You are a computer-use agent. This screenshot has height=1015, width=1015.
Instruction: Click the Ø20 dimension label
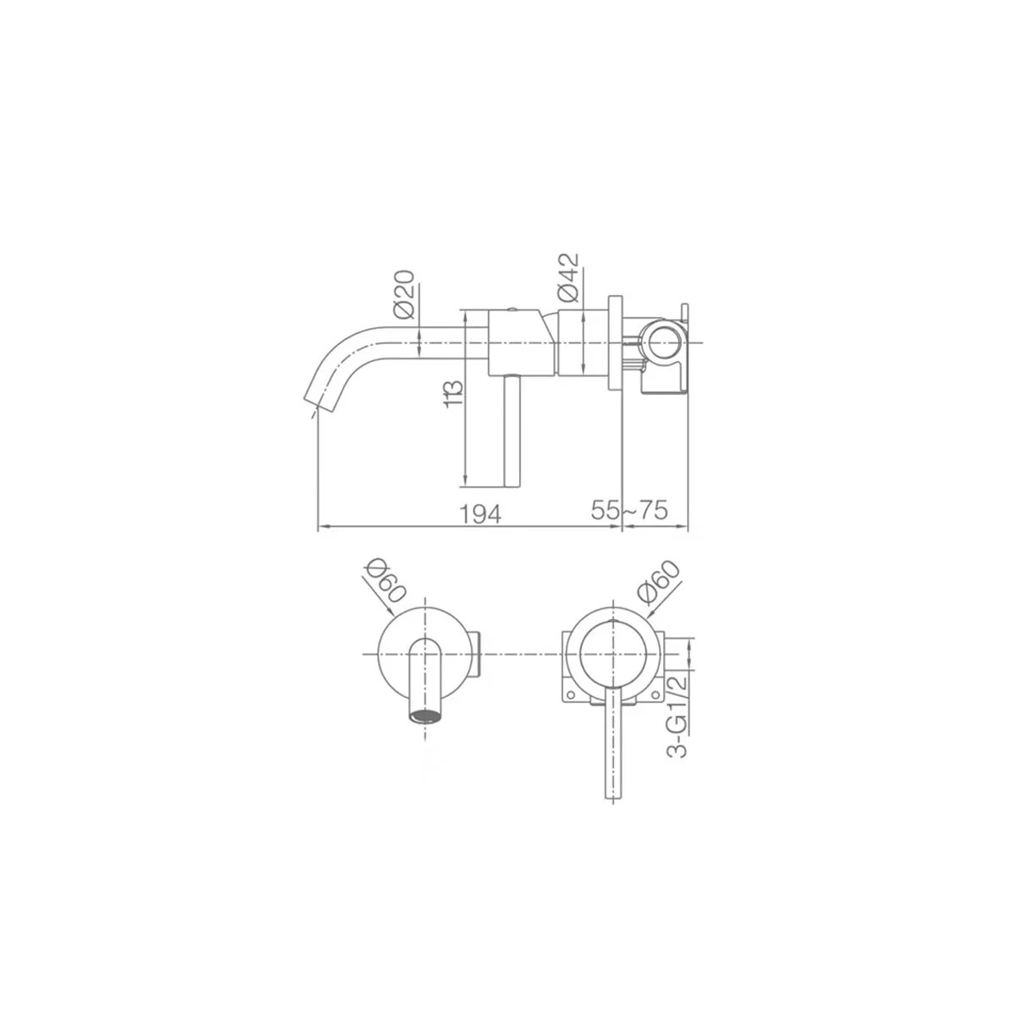404,294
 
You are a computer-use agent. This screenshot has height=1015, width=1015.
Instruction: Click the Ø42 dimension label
568,277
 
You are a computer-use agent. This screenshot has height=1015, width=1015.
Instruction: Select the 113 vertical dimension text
453,394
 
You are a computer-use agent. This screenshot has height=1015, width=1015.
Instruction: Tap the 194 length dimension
480,513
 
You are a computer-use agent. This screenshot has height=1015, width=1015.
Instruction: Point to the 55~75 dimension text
629,510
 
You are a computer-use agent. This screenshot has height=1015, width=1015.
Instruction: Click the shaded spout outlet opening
425,716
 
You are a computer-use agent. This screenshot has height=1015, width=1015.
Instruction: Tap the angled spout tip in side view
320,403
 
